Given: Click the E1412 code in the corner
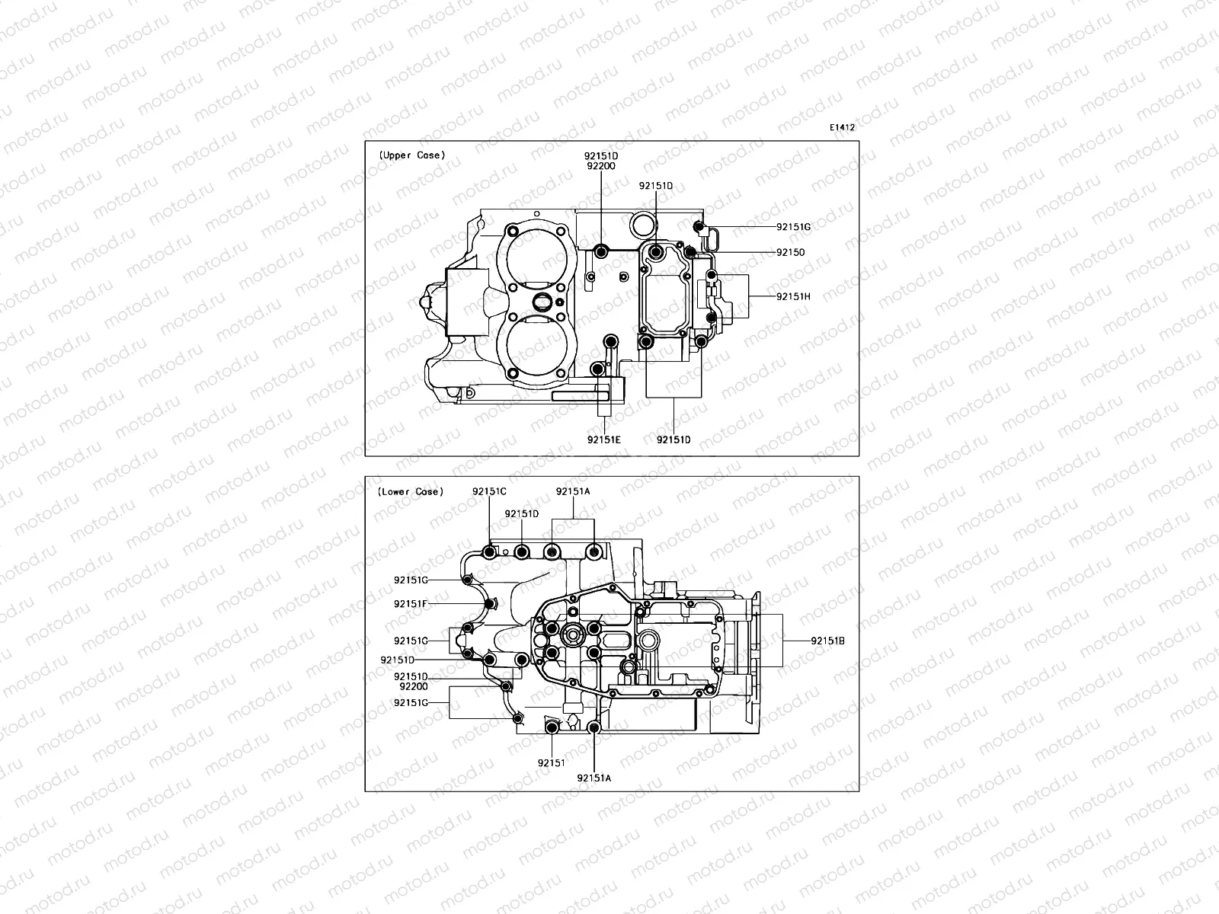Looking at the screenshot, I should tap(842, 128).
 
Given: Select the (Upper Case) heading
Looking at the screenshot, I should tap(411, 155).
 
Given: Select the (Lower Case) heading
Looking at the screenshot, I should tap(409, 492).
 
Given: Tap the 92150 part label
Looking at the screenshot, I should tap(790, 252).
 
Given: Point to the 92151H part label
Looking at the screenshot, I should tap(793, 296).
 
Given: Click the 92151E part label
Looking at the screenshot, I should tap(603, 439).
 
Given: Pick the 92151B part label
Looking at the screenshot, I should tap(827, 641).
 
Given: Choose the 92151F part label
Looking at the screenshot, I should tap(411, 603).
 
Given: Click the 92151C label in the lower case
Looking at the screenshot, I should tap(489, 491).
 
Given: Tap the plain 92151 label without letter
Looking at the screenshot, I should tap(551, 762).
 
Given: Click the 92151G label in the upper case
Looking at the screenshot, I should tap(793, 227).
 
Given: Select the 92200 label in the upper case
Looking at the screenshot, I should tap(601, 165).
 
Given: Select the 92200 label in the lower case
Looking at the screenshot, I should tap(411, 685).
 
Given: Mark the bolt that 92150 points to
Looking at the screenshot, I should tap(689, 252).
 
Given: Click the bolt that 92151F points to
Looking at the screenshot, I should tap(488, 605).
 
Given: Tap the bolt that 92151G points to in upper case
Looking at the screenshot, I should tap(696, 225).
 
